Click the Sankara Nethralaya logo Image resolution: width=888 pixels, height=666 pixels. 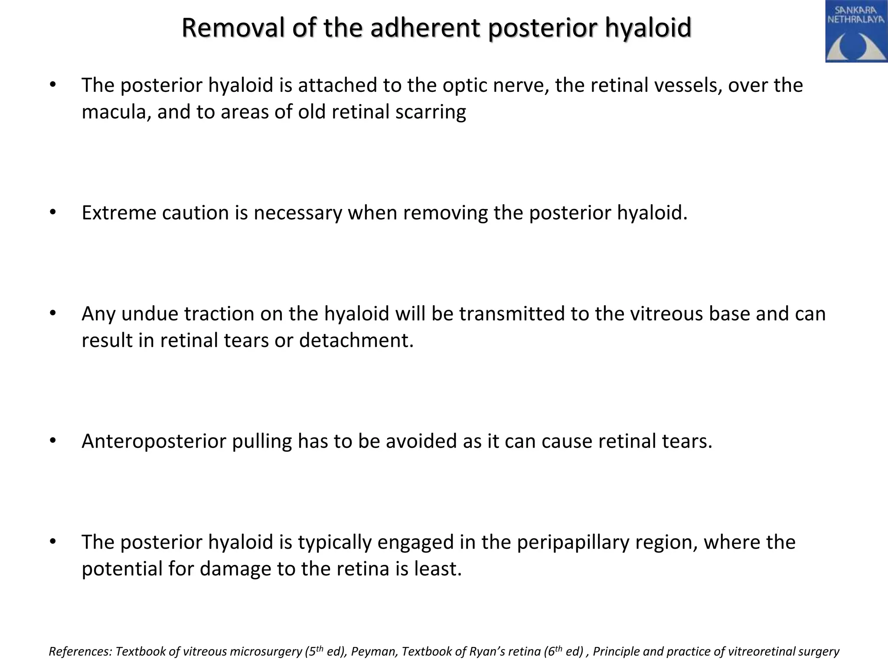click(856, 31)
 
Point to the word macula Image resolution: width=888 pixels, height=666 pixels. click(116, 112)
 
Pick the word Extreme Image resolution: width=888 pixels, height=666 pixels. click(119, 212)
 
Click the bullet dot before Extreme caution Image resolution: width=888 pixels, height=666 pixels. click(53, 212)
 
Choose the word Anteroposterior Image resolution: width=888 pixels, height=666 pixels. click(153, 441)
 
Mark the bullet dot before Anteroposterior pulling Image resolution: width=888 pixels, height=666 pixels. click(53, 441)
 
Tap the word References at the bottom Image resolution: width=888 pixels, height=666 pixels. click(81, 652)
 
